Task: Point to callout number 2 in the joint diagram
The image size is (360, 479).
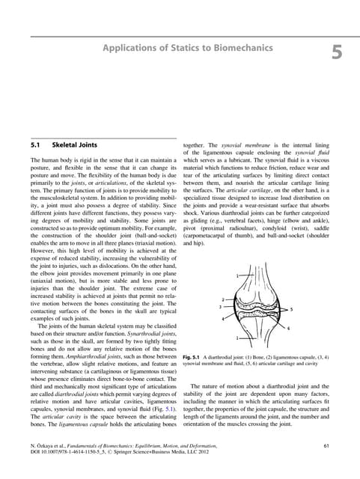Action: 223,299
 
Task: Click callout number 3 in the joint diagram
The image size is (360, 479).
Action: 219,308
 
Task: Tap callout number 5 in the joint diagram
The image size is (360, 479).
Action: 291,309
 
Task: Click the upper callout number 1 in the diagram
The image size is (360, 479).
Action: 237,276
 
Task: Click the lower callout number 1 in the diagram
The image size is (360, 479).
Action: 238,339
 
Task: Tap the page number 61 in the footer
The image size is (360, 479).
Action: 326,446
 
